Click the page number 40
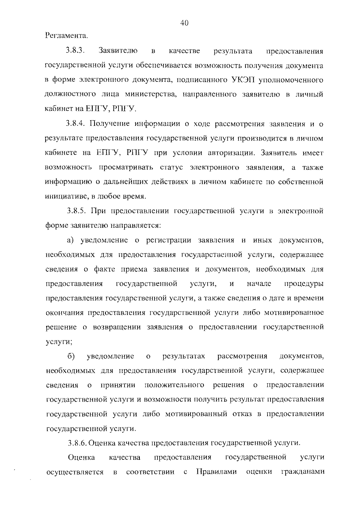click(184, 23)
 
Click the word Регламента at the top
click(67, 36)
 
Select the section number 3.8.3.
click(75, 51)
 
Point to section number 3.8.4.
click(76, 123)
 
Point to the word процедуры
click(304, 284)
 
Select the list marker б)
click(71, 356)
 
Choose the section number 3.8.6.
click(78, 443)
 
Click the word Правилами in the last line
click(216, 472)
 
